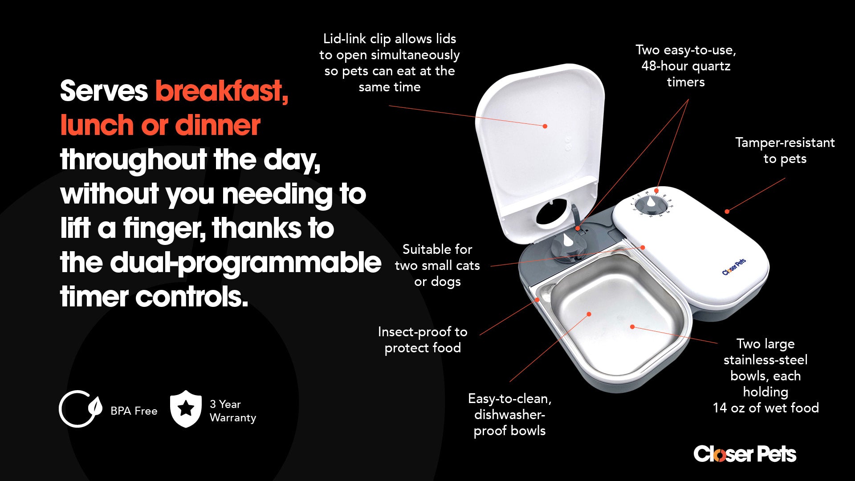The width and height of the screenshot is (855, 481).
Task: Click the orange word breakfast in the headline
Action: click(x=222, y=91)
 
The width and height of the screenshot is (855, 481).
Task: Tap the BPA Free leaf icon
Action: click(x=81, y=409)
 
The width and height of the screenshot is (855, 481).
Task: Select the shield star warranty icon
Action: click(x=186, y=409)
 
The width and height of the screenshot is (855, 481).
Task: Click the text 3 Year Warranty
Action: click(x=233, y=411)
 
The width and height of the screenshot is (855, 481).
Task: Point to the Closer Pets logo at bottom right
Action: click(x=745, y=454)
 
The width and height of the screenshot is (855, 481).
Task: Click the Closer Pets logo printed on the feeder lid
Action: click(x=734, y=267)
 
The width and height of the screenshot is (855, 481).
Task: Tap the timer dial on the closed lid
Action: click(x=651, y=205)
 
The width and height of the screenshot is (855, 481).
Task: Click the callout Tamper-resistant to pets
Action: click(x=785, y=151)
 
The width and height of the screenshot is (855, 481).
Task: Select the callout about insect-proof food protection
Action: click(x=423, y=340)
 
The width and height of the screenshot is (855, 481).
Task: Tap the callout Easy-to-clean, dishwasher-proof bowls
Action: click(x=510, y=415)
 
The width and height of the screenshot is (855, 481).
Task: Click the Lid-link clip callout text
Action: click(x=390, y=63)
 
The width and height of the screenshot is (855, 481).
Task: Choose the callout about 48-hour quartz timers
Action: click(x=686, y=66)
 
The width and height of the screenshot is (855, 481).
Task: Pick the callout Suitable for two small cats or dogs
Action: click(x=437, y=265)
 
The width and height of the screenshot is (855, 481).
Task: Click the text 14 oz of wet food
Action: click(x=765, y=408)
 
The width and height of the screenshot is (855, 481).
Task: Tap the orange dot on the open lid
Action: click(x=545, y=126)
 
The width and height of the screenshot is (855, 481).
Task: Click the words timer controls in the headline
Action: click(x=154, y=297)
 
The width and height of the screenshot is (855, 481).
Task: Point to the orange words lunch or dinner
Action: click(x=160, y=125)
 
